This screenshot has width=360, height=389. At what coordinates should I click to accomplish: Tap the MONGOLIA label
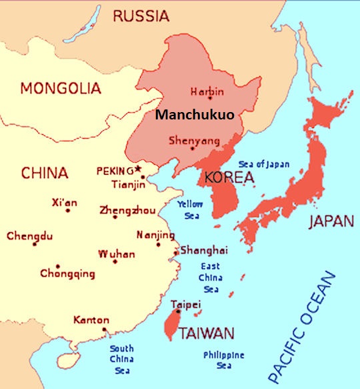point(60,88)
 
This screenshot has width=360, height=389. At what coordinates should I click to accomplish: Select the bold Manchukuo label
point(194,114)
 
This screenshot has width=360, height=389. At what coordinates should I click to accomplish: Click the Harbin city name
point(207,91)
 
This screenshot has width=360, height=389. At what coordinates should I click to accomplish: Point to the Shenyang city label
point(194,141)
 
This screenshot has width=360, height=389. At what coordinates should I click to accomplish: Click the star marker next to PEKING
point(138,168)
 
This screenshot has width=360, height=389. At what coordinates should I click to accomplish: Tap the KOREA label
point(229,178)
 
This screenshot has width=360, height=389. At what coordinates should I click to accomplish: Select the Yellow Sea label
point(189,209)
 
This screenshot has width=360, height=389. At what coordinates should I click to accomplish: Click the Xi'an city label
point(65,202)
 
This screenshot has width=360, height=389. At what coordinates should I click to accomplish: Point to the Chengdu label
point(30,236)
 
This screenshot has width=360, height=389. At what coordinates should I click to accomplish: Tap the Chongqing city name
point(67,274)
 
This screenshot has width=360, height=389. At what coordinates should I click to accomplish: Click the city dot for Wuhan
point(115,262)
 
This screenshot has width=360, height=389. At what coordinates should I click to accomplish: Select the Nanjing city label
point(155,236)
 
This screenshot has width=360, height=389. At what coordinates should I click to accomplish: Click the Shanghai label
point(204,250)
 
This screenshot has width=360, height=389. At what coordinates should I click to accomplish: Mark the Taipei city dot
point(178,311)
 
